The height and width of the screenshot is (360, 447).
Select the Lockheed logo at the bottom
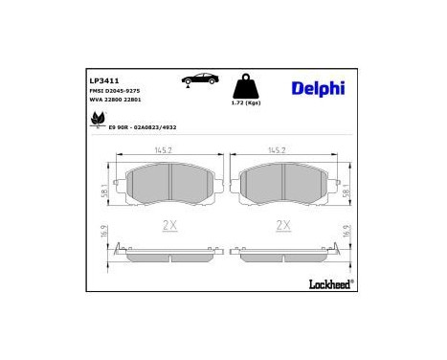(327, 282)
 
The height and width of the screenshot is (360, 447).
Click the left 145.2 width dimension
(168, 150)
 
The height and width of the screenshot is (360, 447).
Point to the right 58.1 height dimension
(345, 191)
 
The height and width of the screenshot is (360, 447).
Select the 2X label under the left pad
(168, 226)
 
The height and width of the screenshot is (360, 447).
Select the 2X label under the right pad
(281, 226)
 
